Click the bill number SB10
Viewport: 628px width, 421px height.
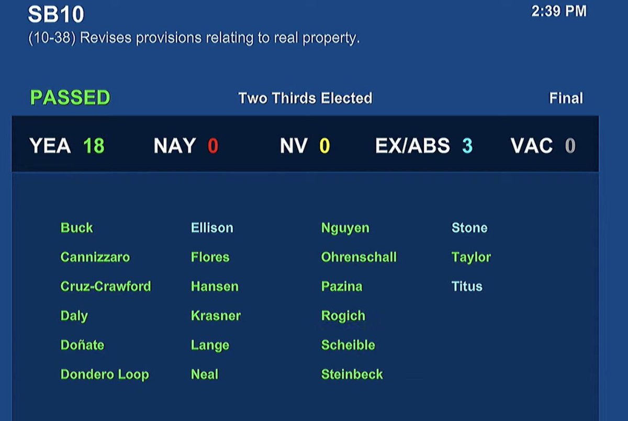pyautogui.click(x=56, y=15)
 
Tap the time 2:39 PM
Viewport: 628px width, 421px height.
pyautogui.click(x=559, y=11)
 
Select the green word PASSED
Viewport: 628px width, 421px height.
pyautogui.click(x=70, y=98)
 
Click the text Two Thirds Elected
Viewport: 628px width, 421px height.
pyautogui.click(x=305, y=98)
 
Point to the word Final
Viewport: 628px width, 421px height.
pyautogui.click(x=566, y=98)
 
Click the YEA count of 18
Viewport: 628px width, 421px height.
pyautogui.click(x=94, y=146)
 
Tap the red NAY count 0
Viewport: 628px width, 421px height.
pyautogui.click(x=212, y=146)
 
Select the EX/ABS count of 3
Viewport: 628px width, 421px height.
pyautogui.click(x=467, y=146)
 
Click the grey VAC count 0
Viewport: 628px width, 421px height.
pyautogui.click(x=570, y=146)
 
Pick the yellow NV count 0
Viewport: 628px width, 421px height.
pyautogui.click(x=324, y=146)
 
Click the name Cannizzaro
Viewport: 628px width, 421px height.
pyautogui.click(x=95, y=257)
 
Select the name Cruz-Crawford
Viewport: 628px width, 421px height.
pyautogui.click(x=106, y=286)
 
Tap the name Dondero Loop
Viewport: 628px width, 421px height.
pyautogui.click(x=105, y=374)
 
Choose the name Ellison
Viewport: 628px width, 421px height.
pyautogui.click(x=212, y=227)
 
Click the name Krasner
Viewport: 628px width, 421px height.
pyautogui.click(x=216, y=315)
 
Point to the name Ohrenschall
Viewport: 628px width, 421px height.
pyautogui.click(x=359, y=257)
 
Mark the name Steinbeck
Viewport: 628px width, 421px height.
pyautogui.click(x=352, y=374)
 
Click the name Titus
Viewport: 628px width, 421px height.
pyautogui.click(x=467, y=286)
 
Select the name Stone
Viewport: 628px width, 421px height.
pyautogui.click(x=469, y=227)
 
